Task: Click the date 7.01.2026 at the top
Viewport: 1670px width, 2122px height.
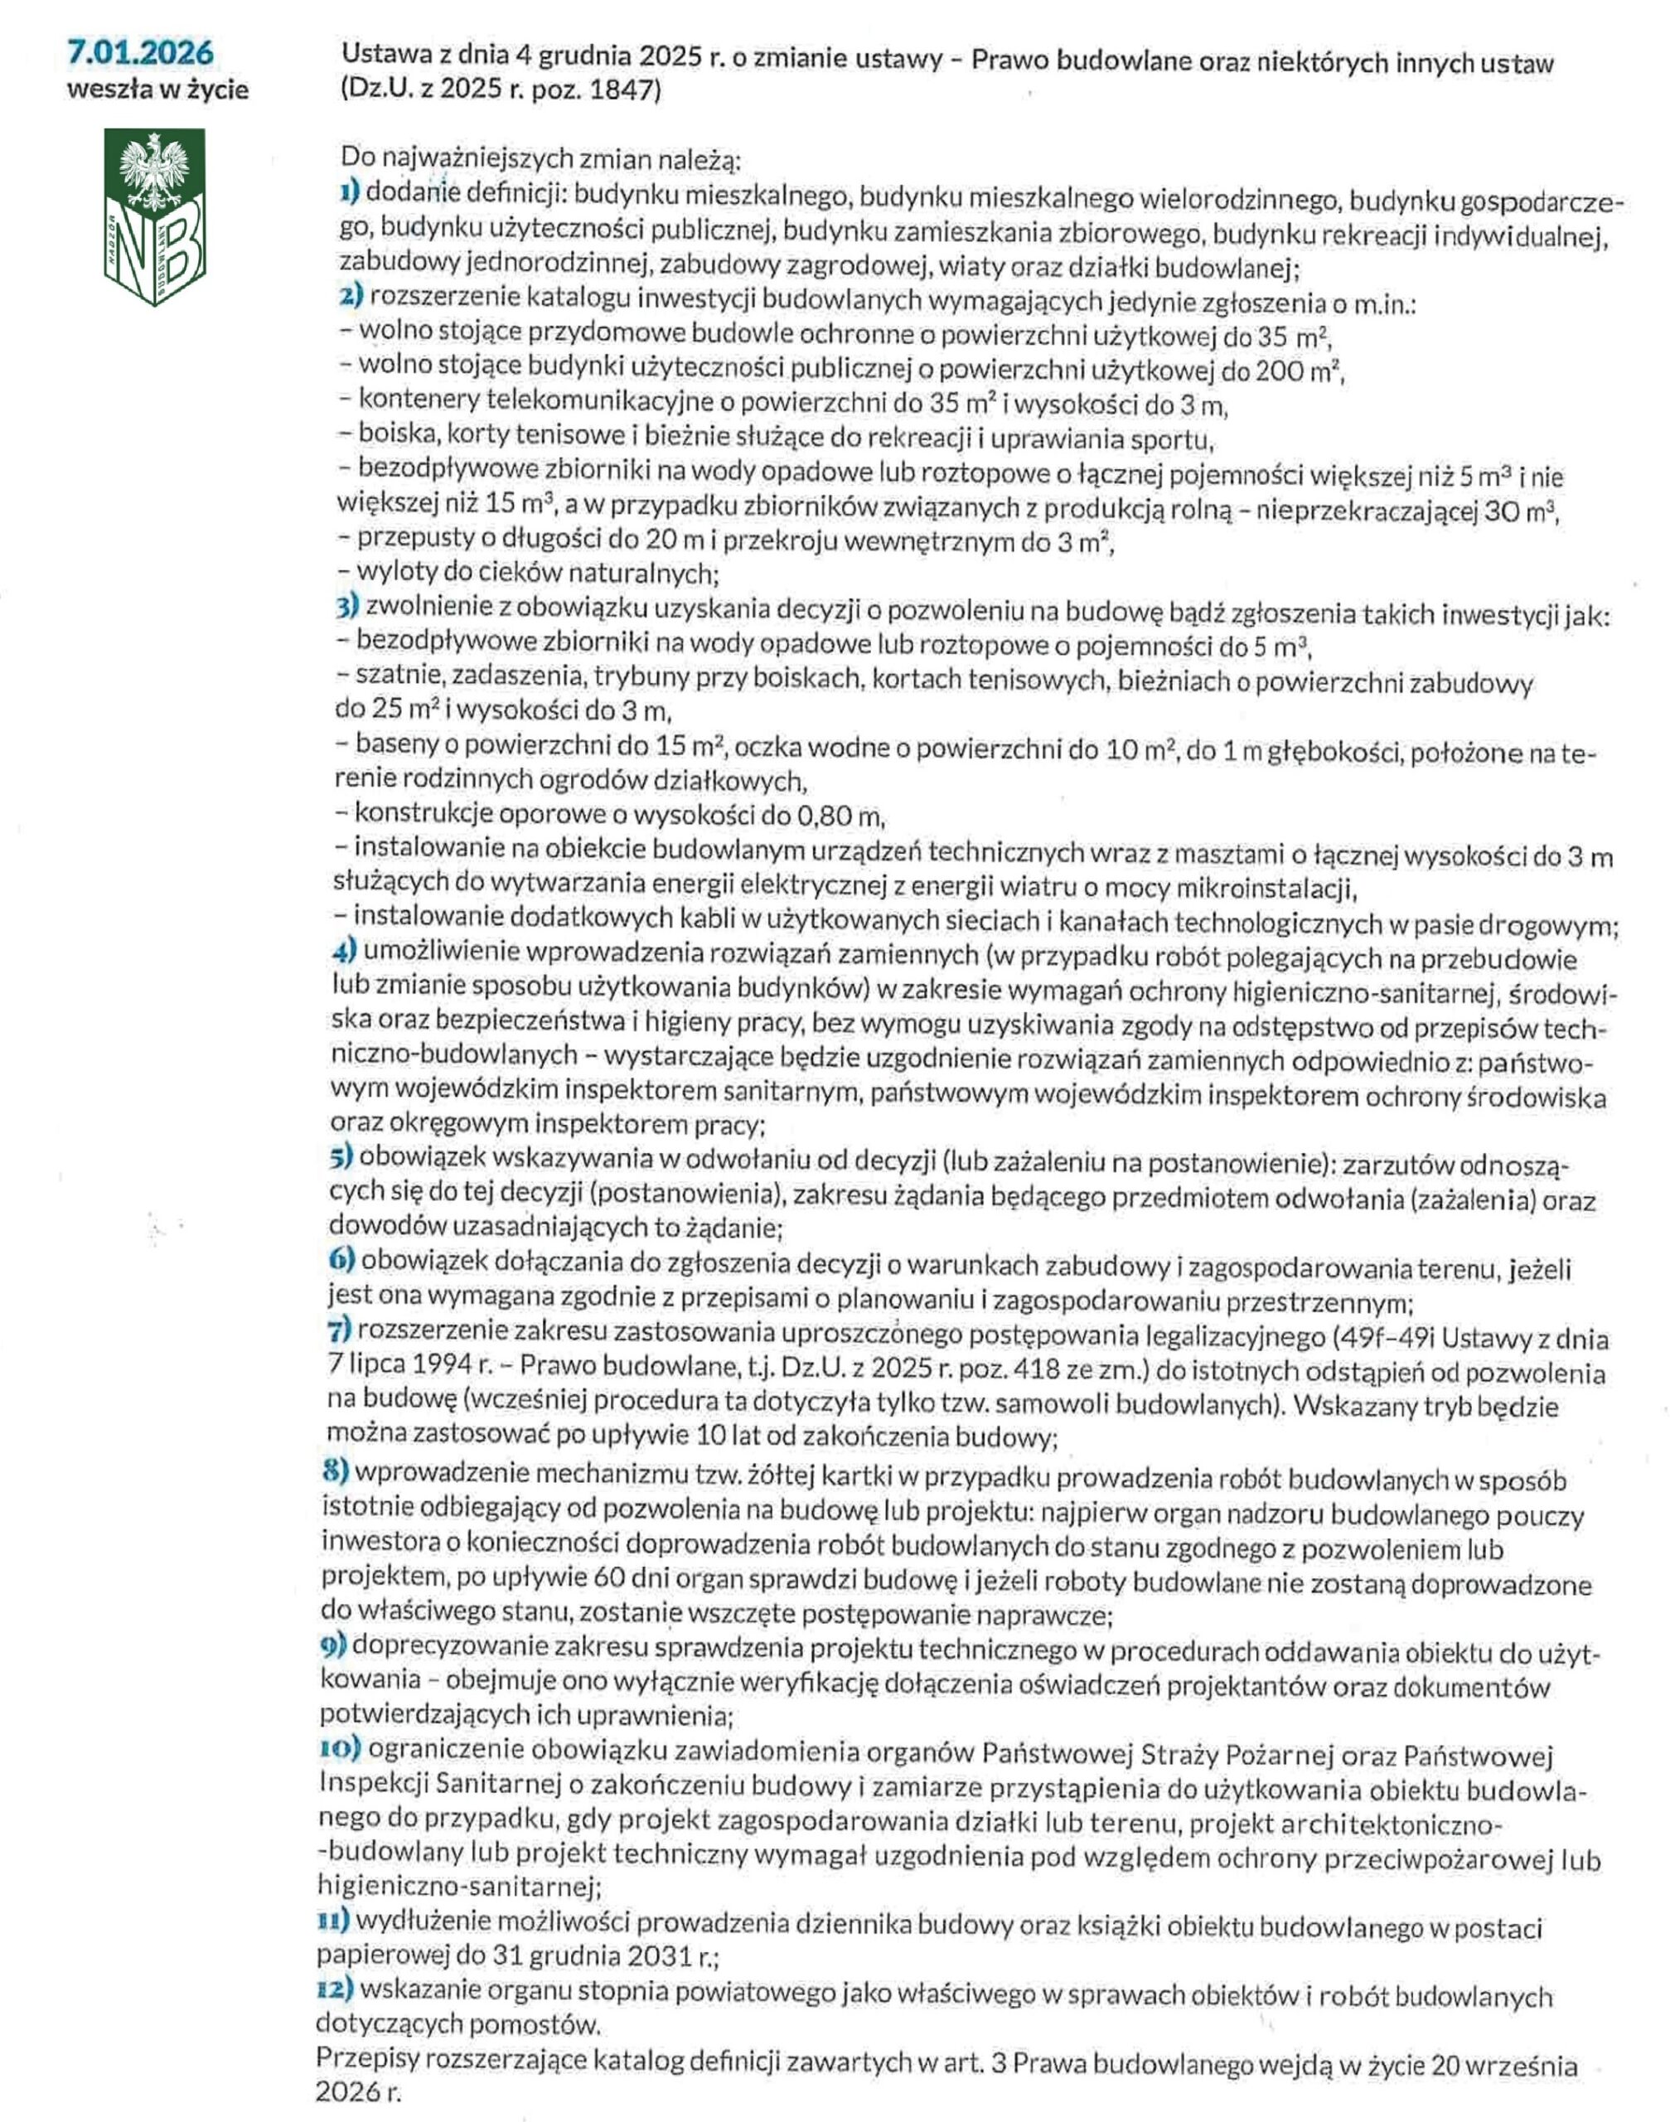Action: point(141,53)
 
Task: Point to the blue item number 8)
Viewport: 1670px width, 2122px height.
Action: point(336,1473)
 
